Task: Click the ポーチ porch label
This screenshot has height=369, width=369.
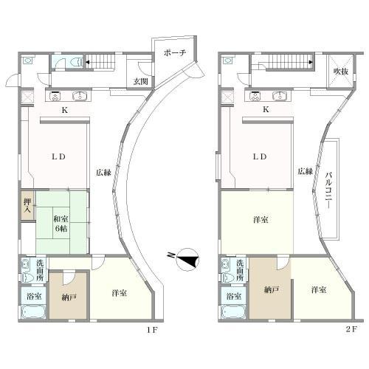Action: [175, 52]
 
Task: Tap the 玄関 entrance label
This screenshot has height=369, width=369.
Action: [141, 81]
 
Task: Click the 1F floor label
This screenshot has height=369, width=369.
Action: [152, 330]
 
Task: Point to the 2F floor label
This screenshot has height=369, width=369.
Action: [351, 329]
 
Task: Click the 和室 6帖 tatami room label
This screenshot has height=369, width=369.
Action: [61, 224]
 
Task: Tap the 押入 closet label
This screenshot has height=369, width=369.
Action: [27, 206]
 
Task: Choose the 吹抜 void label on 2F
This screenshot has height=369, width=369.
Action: [341, 72]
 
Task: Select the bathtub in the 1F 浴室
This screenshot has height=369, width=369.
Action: [33, 312]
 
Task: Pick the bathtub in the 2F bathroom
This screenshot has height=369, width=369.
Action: [233, 312]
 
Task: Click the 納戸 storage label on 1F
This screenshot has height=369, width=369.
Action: [69, 298]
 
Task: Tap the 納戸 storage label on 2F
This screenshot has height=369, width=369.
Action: [272, 290]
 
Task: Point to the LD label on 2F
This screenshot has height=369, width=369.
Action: [260, 156]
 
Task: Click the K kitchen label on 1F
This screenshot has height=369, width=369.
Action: [64, 110]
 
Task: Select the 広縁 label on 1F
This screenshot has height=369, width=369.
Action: [103, 173]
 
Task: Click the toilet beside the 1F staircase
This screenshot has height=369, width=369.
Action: [77, 62]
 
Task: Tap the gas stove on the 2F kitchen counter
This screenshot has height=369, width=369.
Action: [254, 96]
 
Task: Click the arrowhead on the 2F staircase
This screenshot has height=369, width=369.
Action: [311, 62]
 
